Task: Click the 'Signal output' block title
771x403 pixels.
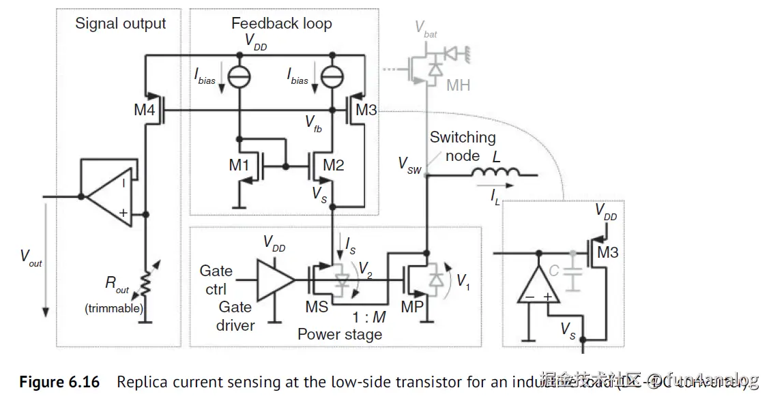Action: [120, 24]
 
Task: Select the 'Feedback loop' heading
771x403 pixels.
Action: [281, 24]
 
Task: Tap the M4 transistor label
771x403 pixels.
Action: [144, 110]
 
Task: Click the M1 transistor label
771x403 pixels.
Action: [239, 164]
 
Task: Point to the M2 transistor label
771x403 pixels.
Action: [334, 164]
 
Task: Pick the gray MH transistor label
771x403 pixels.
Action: [458, 86]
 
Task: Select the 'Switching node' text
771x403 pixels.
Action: [462, 147]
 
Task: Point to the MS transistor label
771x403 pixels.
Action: [317, 307]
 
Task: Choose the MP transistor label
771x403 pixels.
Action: [412, 307]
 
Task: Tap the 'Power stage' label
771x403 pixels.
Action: [340, 334]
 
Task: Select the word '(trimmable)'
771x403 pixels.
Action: [114, 308]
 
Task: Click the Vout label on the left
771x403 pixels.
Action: [31, 257]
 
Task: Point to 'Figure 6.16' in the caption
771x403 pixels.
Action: [59, 382]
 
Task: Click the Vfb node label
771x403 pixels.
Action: [313, 123]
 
